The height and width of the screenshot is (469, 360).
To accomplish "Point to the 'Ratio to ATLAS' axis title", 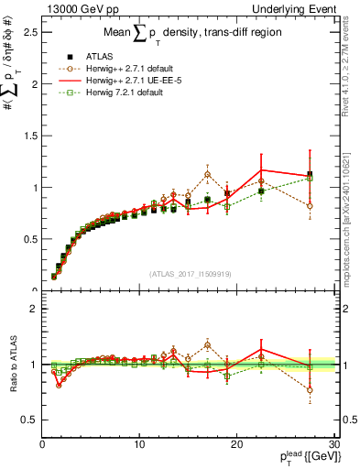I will click(13, 365).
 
